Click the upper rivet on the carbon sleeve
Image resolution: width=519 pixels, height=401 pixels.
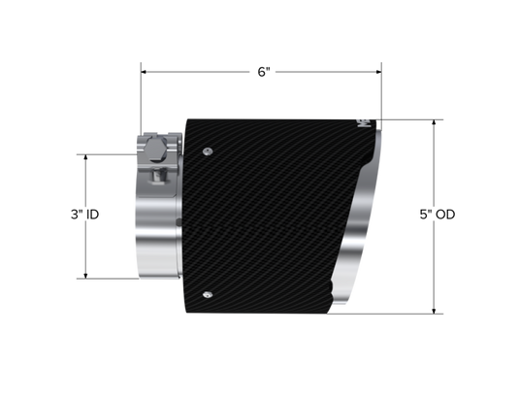coord(207,151)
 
